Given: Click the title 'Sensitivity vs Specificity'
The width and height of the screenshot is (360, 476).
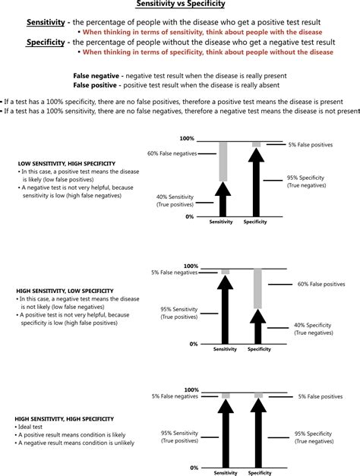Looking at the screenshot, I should click(180, 6).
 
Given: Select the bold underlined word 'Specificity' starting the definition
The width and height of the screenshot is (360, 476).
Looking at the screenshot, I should click(48, 43).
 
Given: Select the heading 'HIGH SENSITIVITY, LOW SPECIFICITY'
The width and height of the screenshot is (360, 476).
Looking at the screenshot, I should click(65, 291).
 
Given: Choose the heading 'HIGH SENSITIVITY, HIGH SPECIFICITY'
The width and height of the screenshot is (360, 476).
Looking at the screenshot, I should click(65, 418).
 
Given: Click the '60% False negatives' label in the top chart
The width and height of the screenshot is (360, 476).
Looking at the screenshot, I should click(172, 154).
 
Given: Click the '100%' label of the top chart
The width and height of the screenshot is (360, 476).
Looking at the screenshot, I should click(187, 139).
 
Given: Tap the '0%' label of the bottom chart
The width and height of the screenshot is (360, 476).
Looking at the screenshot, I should click(193, 468).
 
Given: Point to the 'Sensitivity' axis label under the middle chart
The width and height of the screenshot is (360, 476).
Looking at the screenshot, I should click(224, 349).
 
